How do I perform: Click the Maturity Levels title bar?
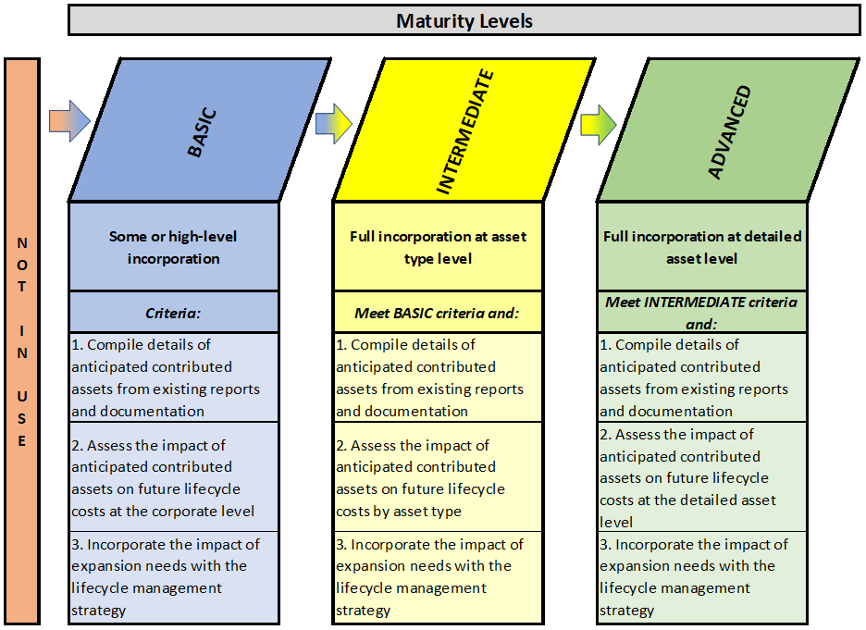(x=464, y=20)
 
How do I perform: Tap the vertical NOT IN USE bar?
(x=22, y=341)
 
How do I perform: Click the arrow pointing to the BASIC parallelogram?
(x=69, y=121)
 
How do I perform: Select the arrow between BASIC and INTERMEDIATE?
(x=334, y=124)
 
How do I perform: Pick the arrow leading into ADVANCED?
(x=598, y=125)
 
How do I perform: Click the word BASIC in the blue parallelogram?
(x=202, y=132)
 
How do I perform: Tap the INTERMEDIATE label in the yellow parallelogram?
(x=464, y=131)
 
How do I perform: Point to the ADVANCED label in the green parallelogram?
(x=729, y=132)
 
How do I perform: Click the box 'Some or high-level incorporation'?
(x=173, y=247)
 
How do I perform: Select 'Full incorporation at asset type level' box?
(x=438, y=247)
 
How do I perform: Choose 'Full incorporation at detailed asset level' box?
(x=702, y=247)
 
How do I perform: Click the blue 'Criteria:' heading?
(x=173, y=312)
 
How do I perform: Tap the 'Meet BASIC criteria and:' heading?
(x=438, y=312)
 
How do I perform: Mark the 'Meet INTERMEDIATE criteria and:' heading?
(x=702, y=312)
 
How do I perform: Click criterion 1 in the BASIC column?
(x=173, y=377)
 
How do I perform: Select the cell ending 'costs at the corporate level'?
(x=173, y=477)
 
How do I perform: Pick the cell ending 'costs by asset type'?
(x=438, y=477)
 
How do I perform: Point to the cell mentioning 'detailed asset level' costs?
(x=702, y=477)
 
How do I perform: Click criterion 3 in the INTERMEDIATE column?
(x=438, y=577)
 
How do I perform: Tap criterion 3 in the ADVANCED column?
(x=702, y=577)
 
